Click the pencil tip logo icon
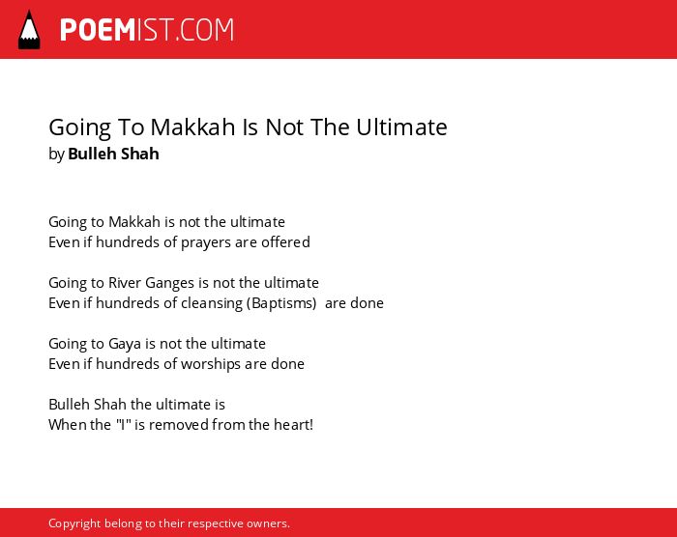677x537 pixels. [29, 30]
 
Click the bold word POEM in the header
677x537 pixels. [98, 30]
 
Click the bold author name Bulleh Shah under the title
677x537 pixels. [113, 154]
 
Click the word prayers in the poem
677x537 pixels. [205, 242]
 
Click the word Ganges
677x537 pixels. [169, 283]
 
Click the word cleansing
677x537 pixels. [212, 303]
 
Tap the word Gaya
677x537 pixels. [125, 344]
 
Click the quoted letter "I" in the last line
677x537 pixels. [124, 424]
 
